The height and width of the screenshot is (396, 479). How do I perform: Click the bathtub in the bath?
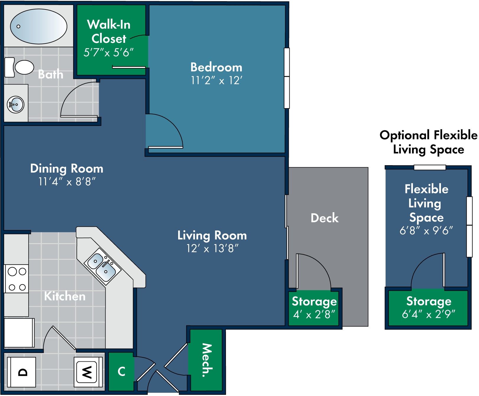(x=38, y=26)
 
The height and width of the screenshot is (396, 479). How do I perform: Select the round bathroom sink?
(x=16, y=105)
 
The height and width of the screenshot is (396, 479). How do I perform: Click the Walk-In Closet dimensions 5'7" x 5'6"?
(x=109, y=53)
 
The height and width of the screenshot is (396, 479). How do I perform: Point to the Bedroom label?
(x=216, y=67)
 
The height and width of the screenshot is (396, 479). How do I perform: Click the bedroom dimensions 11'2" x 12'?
(x=216, y=80)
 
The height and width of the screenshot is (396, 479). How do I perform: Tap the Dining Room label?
(x=67, y=168)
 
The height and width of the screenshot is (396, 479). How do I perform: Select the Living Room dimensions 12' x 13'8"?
(x=212, y=249)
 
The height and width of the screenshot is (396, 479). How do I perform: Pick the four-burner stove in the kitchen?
(x=17, y=279)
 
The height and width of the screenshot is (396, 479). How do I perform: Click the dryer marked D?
(x=22, y=372)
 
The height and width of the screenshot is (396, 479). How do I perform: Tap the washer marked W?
(x=87, y=372)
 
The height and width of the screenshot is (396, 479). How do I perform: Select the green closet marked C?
(x=121, y=371)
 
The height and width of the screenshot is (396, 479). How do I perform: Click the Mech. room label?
(x=206, y=360)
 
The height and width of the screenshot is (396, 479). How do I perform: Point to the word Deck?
(x=324, y=218)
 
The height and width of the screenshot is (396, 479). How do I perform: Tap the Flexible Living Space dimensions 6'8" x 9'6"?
(x=426, y=231)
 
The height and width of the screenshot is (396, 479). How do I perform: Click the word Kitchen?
(x=65, y=296)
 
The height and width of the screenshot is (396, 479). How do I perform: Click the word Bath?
(x=51, y=74)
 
